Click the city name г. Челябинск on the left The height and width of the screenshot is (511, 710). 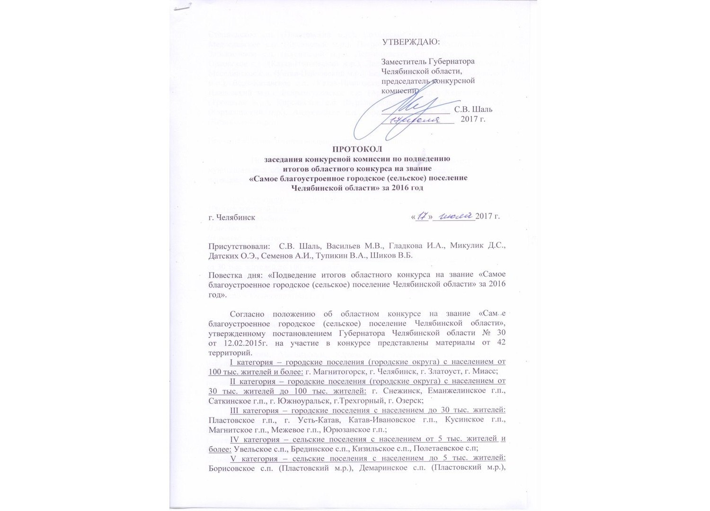pyautogui.click(x=232, y=217)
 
